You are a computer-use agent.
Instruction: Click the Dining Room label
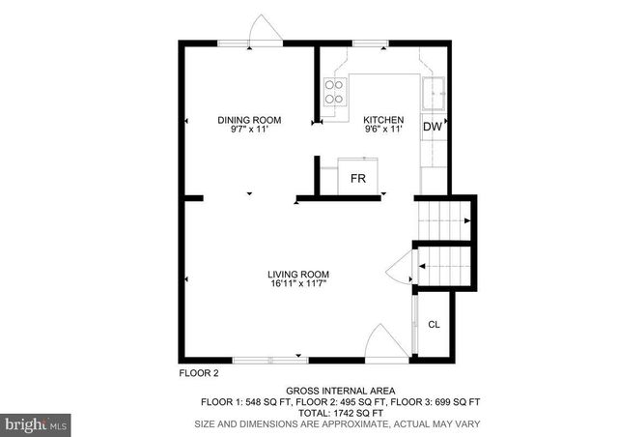249,120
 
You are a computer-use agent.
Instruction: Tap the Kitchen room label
382,120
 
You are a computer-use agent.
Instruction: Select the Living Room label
299,274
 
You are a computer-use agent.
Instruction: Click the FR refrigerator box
357,179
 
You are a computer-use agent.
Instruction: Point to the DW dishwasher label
433,127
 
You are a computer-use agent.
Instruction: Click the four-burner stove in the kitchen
333,92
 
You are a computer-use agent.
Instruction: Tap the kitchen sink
434,93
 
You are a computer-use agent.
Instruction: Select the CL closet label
434,325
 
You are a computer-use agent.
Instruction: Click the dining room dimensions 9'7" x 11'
249,130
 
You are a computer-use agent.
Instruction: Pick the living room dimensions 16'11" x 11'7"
299,284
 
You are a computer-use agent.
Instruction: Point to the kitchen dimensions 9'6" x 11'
382,130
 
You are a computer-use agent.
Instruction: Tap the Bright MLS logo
37,422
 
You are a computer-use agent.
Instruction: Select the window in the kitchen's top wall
368,43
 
